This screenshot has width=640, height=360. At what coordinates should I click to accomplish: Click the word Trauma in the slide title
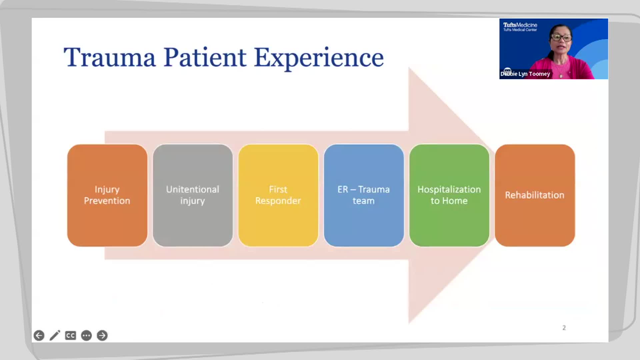110,58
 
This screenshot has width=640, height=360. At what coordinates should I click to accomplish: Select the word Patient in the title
205,58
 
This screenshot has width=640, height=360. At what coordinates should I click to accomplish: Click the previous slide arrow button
39,335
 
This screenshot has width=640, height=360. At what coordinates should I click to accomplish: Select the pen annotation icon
55,335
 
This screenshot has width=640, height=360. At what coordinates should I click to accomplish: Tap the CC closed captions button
70,335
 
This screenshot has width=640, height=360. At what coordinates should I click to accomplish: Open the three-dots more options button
86,335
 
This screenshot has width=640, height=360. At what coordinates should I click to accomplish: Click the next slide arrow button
102,335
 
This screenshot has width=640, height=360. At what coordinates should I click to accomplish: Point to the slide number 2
564,328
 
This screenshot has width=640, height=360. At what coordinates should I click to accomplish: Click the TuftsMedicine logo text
520,25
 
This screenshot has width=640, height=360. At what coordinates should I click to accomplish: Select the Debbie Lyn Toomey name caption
525,74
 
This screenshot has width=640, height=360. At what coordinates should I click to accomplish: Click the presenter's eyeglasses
561,37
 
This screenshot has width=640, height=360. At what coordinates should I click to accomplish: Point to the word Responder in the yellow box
278,201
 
